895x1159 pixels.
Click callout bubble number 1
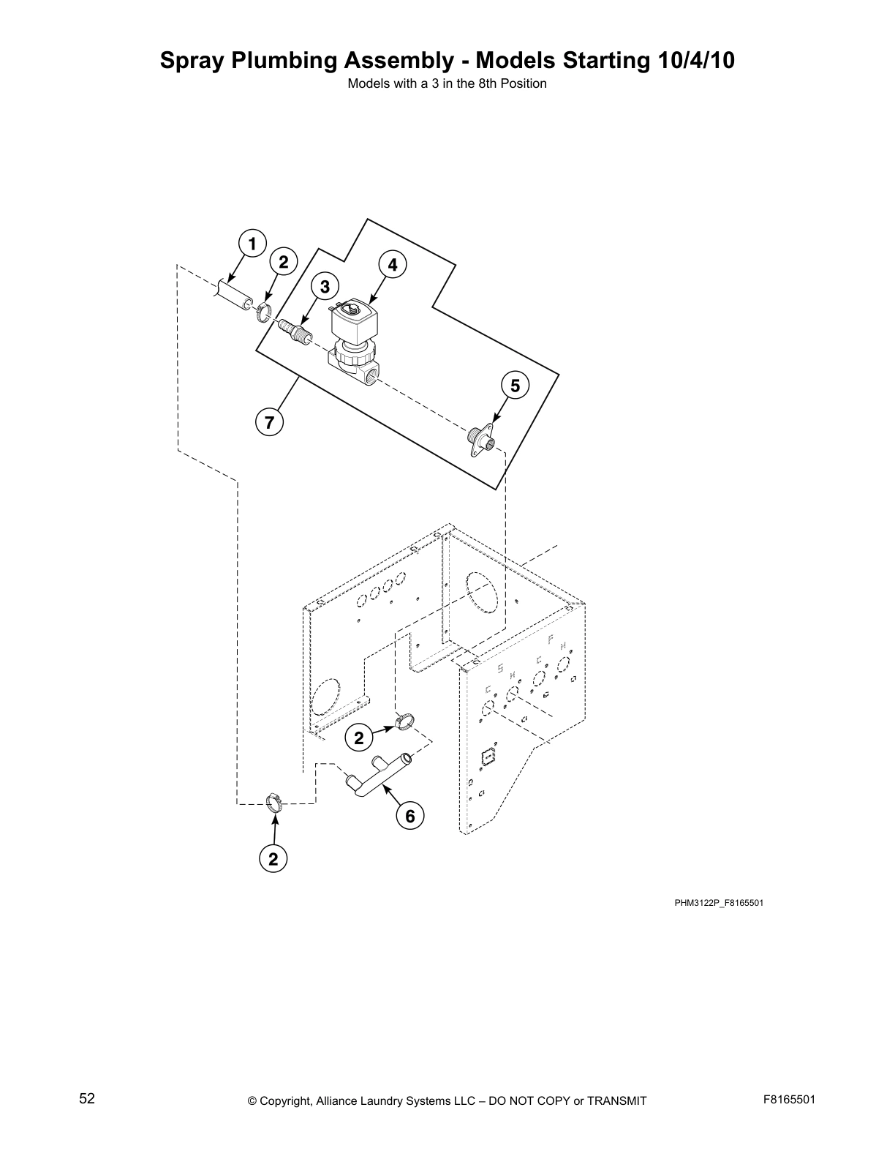click(252, 244)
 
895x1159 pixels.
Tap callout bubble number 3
click(325, 286)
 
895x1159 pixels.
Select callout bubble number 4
click(393, 265)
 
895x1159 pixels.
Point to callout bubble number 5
click(515, 386)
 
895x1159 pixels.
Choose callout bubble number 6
click(409, 815)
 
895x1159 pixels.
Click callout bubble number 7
click(269, 422)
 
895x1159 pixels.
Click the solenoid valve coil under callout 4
click(352, 320)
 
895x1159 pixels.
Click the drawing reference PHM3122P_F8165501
click(719, 902)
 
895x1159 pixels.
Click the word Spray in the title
click(192, 61)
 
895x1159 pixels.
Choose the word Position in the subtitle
click(523, 83)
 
